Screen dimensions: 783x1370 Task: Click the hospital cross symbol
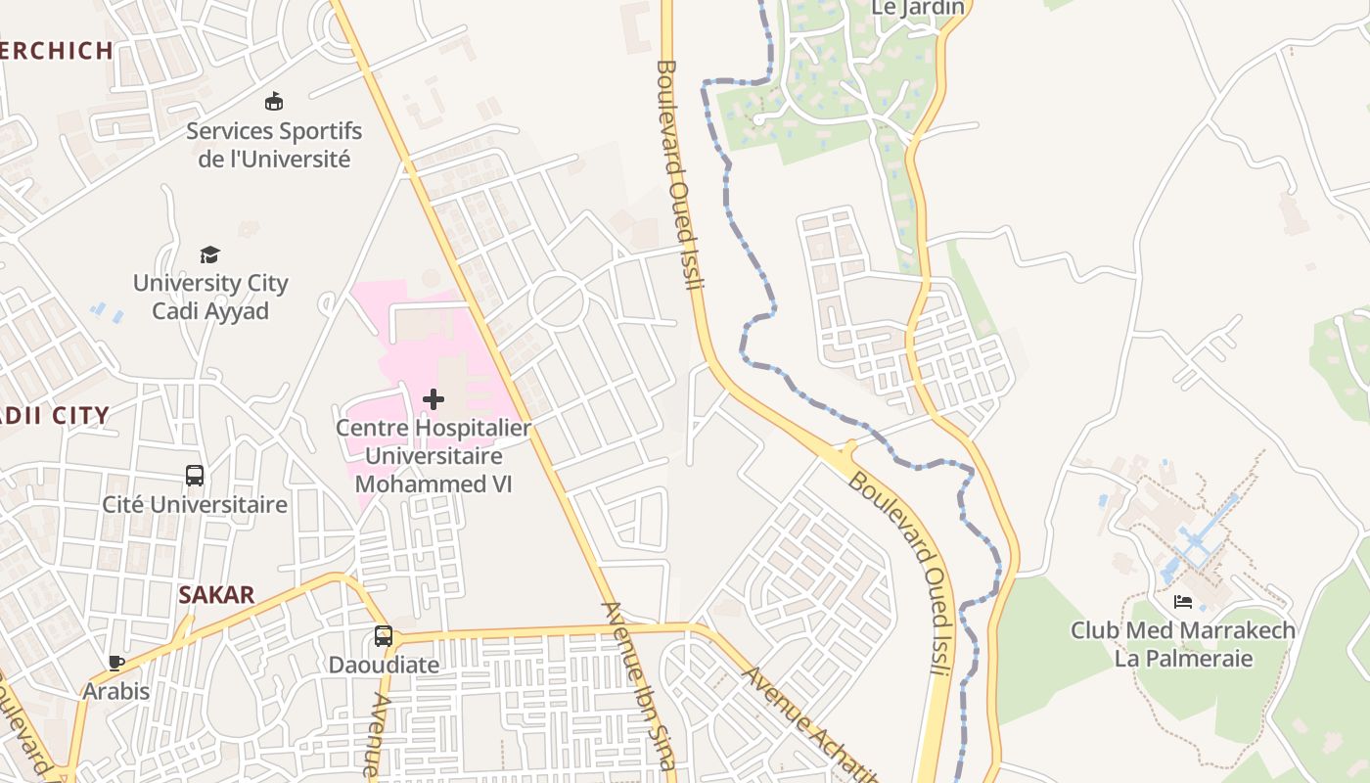pyautogui.click(x=434, y=399)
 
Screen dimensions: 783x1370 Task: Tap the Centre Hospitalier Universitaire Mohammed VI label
pyautogui.click(x=434, y=456)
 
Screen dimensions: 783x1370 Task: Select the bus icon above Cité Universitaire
pyautogui.click(x=195, y=477)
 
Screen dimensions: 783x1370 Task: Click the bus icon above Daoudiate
pyautogui.click(x=384, y=636)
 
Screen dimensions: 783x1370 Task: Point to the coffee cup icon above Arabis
pyautogui.click(x=116, y=664)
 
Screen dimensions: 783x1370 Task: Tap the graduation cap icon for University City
pyautogui.click(x=210, y=255)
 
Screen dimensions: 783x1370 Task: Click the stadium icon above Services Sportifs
pyautogui.click(x=274, y=102)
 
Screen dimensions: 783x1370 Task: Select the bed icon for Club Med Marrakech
pyautogui.click(x=1183, y=602)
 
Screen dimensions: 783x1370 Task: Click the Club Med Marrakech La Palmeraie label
pyautogui.click(x=1183, y=644)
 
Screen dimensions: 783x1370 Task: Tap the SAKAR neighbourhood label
pyautogui.click(x=216, y=595)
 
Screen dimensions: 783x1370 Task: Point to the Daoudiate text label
pyautogui.click(x=384, y=665)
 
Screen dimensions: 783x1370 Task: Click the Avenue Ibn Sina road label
pyautogui.click(x=639, y=685)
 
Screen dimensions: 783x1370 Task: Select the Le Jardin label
pyautogui.click(x=918, y=8)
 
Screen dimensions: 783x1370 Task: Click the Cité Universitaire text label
pyautogui.click(x=196, y=505)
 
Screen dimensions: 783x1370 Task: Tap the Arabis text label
pyautogui.click(x=116, y=691)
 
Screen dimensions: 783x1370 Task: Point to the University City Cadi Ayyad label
pyautogui.click(x=210, y=298)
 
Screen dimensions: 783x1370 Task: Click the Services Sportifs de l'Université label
pyautogui.click(x=274, y=145)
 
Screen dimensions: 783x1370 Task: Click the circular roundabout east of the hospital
pyautogui.click(x=558, y=300)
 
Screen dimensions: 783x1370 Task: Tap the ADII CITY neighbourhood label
pyautogui.click(x=54, y=416)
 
